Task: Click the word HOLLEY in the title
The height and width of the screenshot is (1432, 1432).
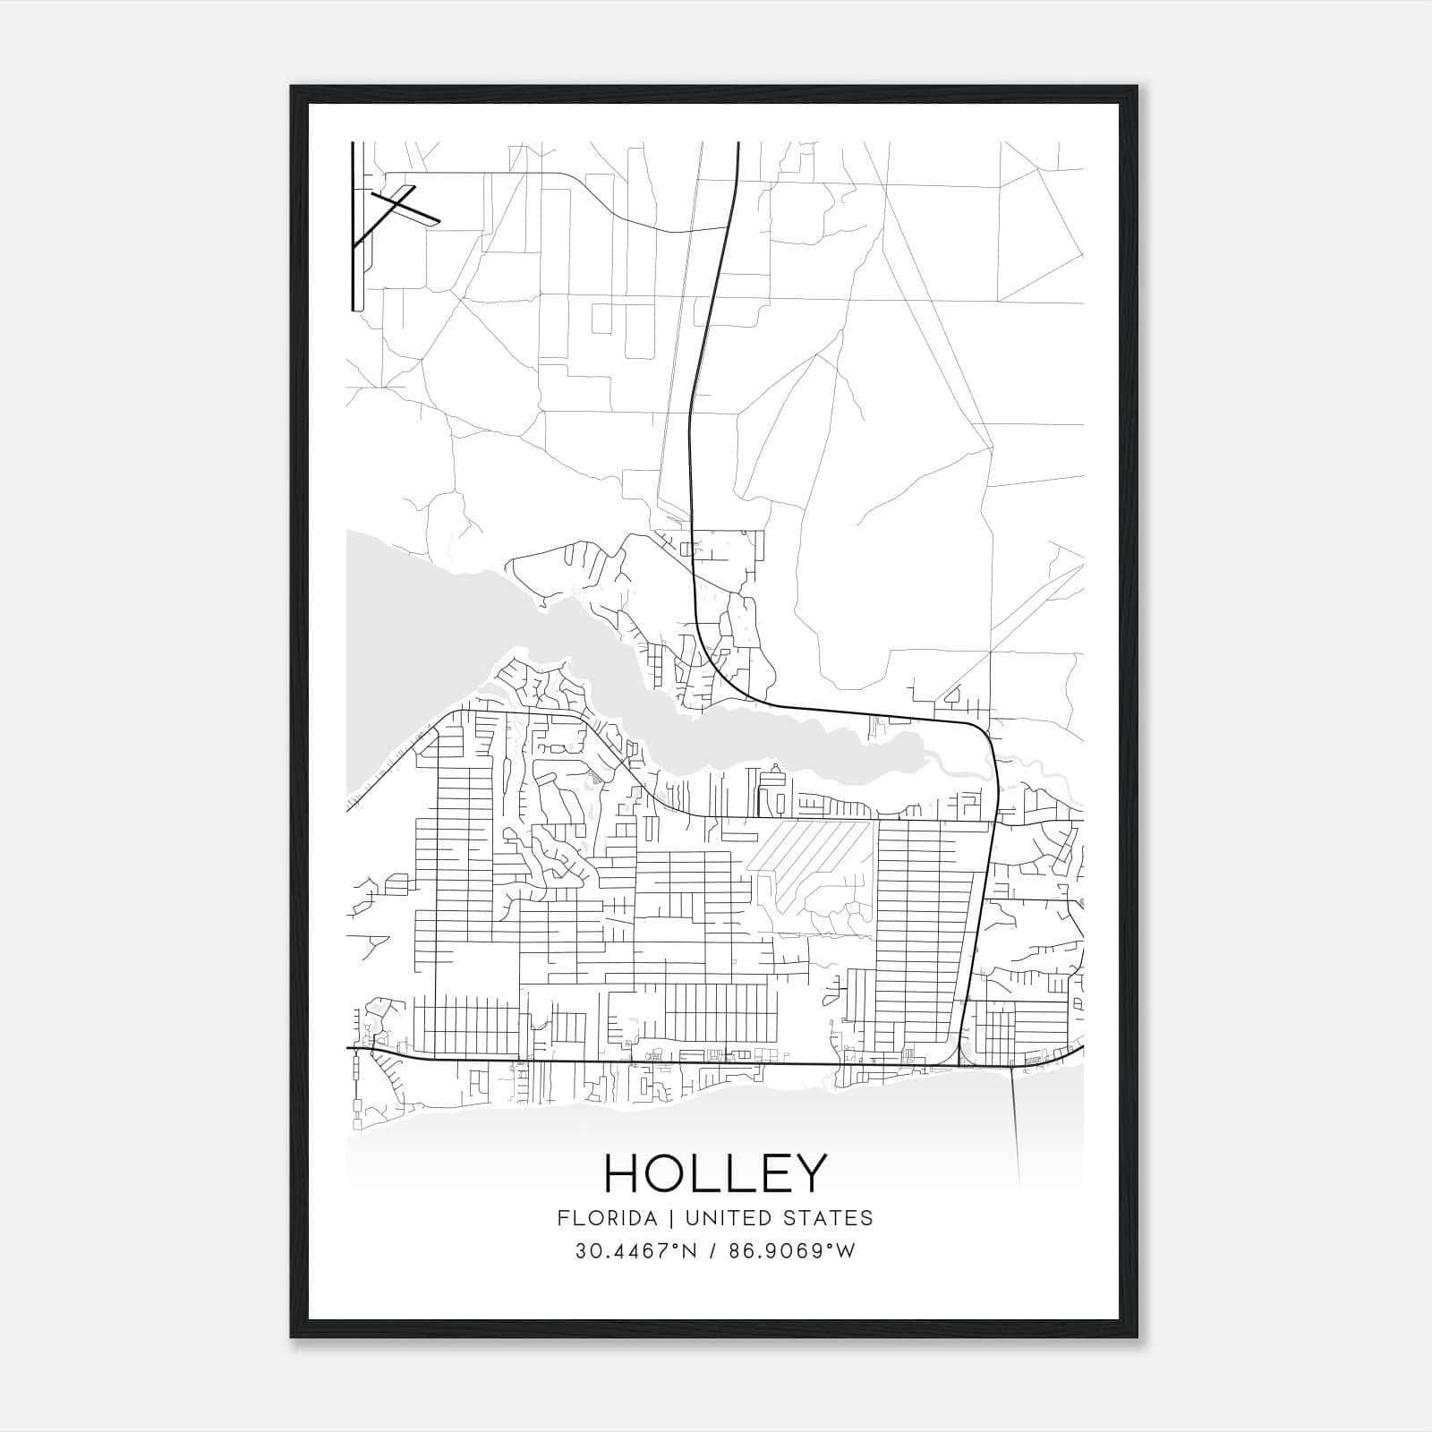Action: point(715,1173)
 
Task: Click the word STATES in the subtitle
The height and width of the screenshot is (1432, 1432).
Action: point(831,1218)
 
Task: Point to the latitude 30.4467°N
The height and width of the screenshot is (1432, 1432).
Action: point(635,1251)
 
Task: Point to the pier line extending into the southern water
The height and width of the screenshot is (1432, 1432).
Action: point(1016,1128)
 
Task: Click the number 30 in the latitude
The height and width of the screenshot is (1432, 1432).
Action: point(588,1251)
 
